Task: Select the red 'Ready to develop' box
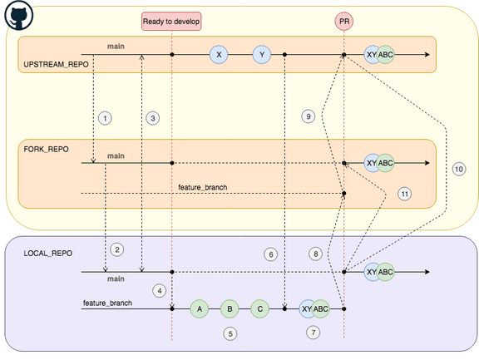171,20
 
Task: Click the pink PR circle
343,20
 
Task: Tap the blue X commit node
219,55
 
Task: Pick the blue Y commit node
263,55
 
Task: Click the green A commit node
200,308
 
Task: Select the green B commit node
230,308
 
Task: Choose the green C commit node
259,308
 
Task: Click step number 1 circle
104,118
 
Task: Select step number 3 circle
152,118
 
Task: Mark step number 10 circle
459,168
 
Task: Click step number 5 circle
230,333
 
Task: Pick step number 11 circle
405,194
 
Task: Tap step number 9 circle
309,117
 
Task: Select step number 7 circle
313,333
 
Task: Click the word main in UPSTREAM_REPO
116,46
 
